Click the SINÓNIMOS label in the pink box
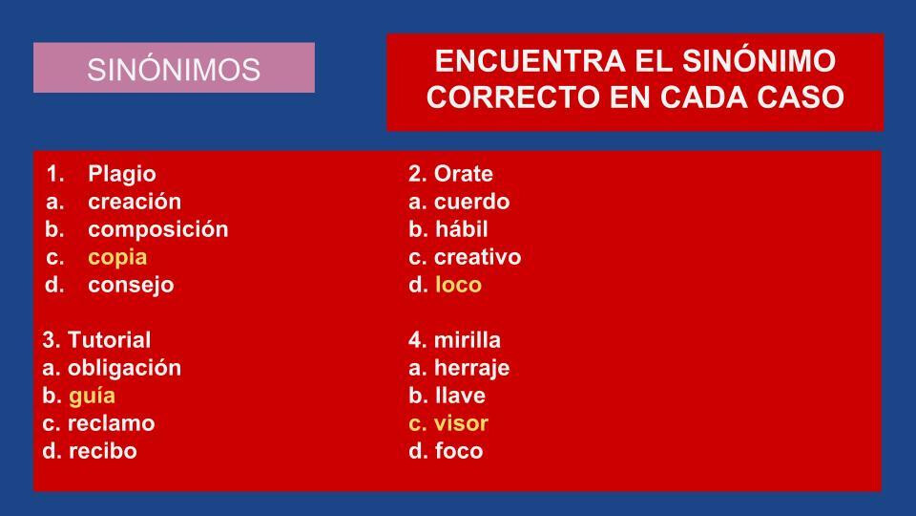[x=174, y=70]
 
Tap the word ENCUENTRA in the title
[x=530, y=61]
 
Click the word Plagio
[x=122, y=174]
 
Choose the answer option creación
[x=135, y=202]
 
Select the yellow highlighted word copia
[x=117, y=258]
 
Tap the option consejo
[x=131, y=286]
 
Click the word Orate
[x=464, y=174]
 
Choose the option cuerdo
[x=472, y=202]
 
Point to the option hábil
[x=462, y=228]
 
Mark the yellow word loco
[x=459, y=285]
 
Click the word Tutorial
[x=109, y=340]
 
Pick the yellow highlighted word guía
[x=92, y=397]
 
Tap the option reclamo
[x=111, y=423]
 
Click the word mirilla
[x=468, y=340]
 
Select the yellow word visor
[x=461, y=423]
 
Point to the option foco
[x=459, y=451]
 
